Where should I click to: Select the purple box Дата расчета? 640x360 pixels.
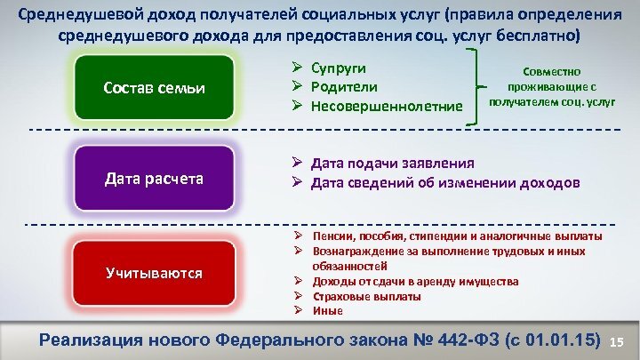153,179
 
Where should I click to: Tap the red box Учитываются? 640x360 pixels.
153,272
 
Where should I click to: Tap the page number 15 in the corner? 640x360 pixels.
620,342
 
